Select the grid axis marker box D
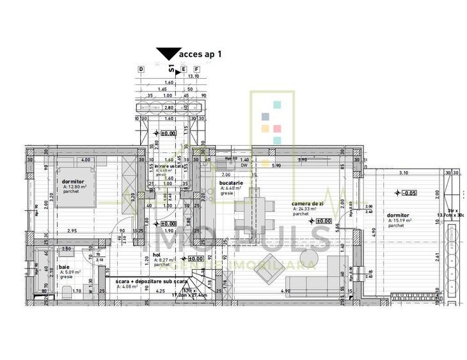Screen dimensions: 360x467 141,68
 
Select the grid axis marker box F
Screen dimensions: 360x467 196,68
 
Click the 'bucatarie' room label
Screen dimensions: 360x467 231,183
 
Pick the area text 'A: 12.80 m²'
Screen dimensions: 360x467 75,186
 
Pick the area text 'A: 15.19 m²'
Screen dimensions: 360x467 399,221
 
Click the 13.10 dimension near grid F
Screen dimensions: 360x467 193,75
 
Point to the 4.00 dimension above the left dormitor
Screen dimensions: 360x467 84,160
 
